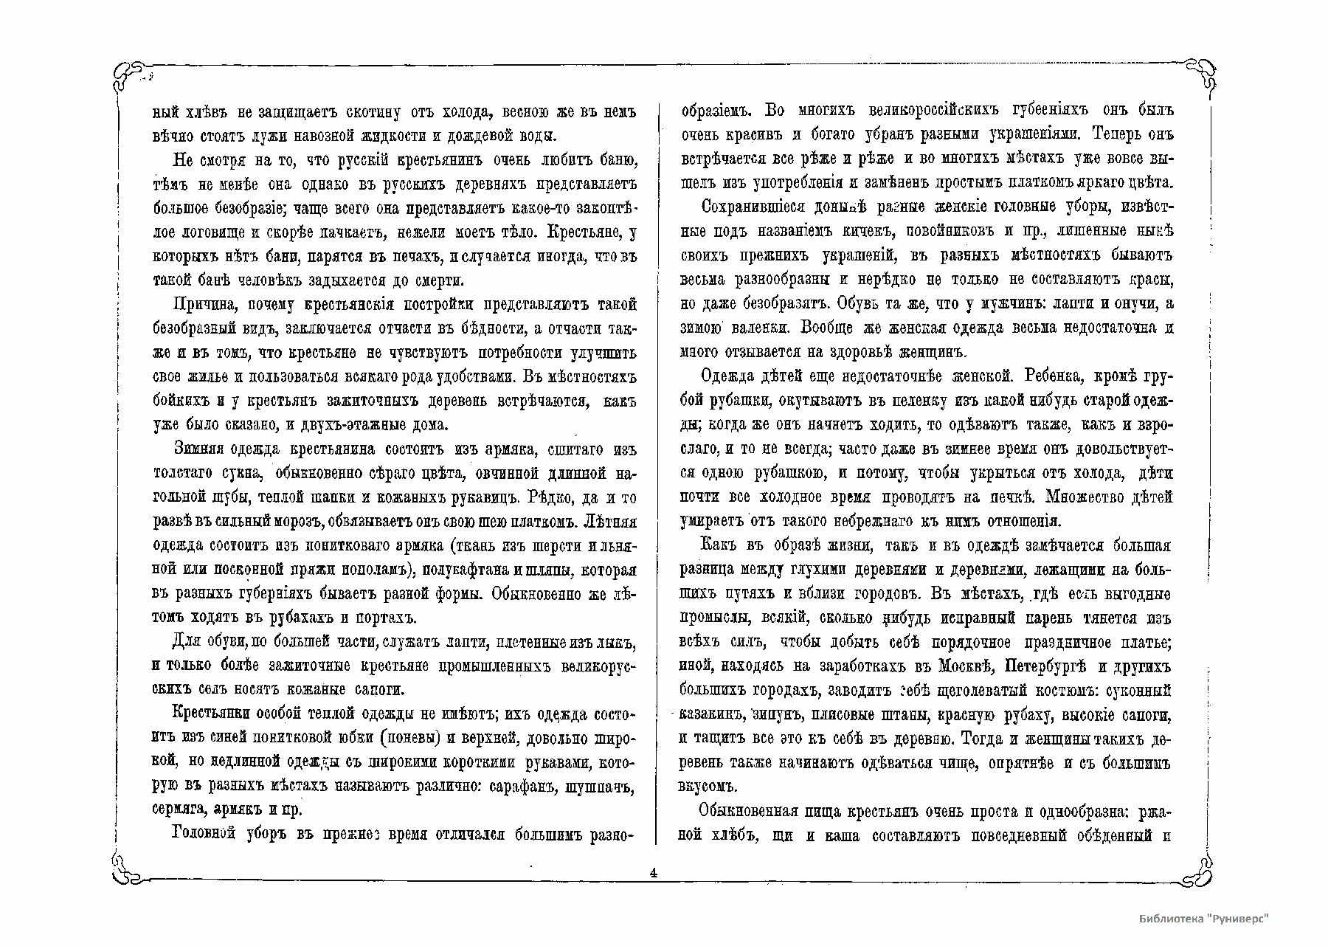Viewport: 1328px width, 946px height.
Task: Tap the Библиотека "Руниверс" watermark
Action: [x=1203, y=919]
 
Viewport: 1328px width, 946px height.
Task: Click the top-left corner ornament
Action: [x=133, y=75]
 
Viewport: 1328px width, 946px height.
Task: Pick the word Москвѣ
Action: [x=960, y=667]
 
